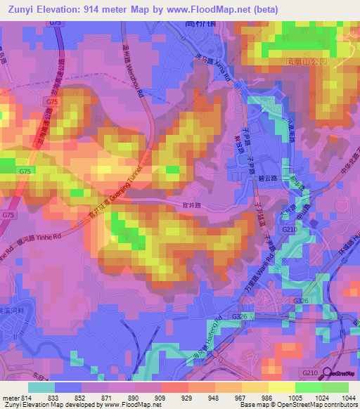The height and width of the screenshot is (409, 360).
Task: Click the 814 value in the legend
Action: (x=27, y=398)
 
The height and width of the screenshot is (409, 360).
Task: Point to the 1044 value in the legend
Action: (x=349, y=398)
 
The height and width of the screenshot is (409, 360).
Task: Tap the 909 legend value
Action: (x=161, y=398)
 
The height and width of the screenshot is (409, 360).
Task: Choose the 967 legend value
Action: (x=241, y=398)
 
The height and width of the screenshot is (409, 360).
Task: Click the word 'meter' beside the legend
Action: (x=11, y=398)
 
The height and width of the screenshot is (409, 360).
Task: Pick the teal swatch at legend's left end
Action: (x=41, y=387)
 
